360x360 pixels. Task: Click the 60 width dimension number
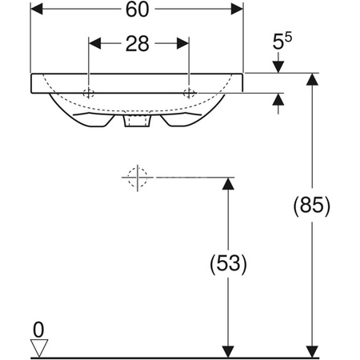[x=137, y=10]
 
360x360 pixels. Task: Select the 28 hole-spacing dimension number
[x=137, y=44]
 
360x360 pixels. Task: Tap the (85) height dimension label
[x=312, y=206]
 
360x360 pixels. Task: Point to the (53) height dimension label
[x=228, y=264]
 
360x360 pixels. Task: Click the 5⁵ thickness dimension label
[x=282, y=41]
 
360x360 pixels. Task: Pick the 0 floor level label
[x=38, y=330]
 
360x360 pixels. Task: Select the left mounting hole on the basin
[x=89, y=93]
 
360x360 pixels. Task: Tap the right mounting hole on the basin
[x=189, y=93]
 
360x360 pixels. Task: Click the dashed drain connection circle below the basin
[x=138, y=177]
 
